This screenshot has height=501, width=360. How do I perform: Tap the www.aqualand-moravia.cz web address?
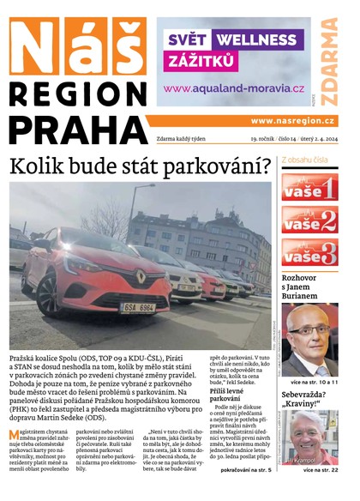click(x=234, y=88)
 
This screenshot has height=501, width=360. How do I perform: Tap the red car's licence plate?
click(x=140, y=306)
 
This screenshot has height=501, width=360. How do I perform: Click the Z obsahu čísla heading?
click(x=305, y=160)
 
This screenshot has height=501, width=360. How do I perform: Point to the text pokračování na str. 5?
click(x=245, y=470)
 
